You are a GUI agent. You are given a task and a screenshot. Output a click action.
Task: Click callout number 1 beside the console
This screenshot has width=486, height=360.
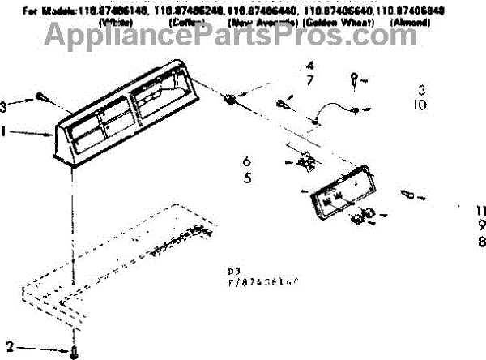[6, 130]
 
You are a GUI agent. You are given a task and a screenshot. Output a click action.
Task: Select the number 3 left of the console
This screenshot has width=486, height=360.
[6, 105]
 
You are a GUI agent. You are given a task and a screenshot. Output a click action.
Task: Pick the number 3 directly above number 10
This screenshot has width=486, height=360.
[421, 89]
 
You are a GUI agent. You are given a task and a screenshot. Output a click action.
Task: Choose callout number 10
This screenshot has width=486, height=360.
[421, 105]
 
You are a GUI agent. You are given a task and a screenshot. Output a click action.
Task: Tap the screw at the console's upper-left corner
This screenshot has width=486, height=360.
[42, 101]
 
